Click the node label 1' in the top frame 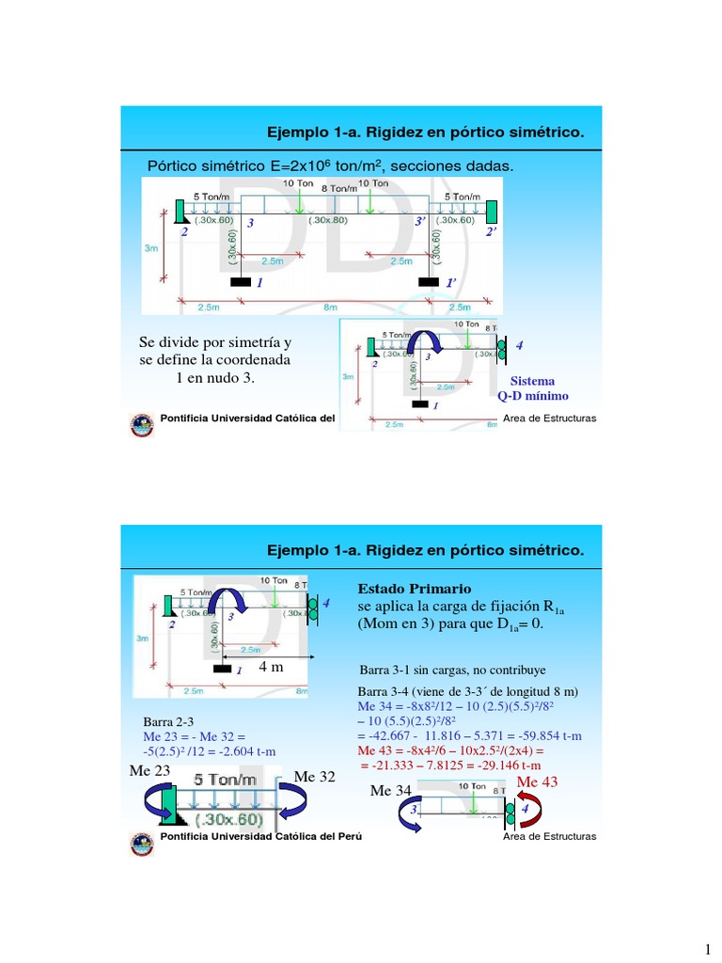click(x=450, y=282)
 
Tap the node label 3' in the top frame click(x=420, y=224)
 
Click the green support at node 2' click(x=491, y=213)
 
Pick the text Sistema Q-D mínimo click(x=532, y=389)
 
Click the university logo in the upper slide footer click(x=142, y=424)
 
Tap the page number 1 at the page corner click(x=707, y=948)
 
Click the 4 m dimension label click(x=271, y=667)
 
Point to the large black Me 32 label click(x=316, y=776)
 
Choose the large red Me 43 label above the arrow click(x=538, y=782)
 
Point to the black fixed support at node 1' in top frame click(x=429, y=281)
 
